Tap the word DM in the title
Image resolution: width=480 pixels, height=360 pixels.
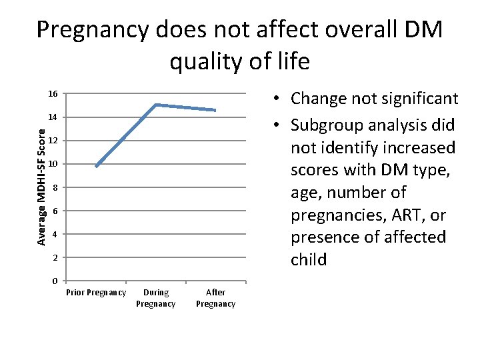click(418, 30)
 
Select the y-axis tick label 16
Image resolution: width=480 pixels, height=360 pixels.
click(52, 93)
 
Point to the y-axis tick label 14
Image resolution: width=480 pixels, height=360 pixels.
click(52, 117)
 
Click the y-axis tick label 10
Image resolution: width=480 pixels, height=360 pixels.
click(52, 164)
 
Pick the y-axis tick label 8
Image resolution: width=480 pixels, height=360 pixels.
click(55, 187)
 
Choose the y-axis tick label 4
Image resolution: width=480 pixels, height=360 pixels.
click(55, 234)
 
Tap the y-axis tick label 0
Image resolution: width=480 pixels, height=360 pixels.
click(55, 281)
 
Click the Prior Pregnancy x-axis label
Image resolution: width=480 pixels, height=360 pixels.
click(96, 293)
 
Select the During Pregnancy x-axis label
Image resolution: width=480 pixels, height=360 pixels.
click(155, 298)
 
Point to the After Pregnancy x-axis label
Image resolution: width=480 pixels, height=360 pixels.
click(215, 298)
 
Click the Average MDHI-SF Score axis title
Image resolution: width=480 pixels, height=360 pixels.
click(41, 187)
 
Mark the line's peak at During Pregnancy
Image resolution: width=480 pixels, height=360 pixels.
click(155, 105)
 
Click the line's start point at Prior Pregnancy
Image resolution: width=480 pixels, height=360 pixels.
click(97, 166)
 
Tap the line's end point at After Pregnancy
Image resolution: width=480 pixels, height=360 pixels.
click(215, 110)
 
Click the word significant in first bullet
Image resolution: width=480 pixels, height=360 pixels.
click(418, 99)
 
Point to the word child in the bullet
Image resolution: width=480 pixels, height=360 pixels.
click(308, 260)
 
